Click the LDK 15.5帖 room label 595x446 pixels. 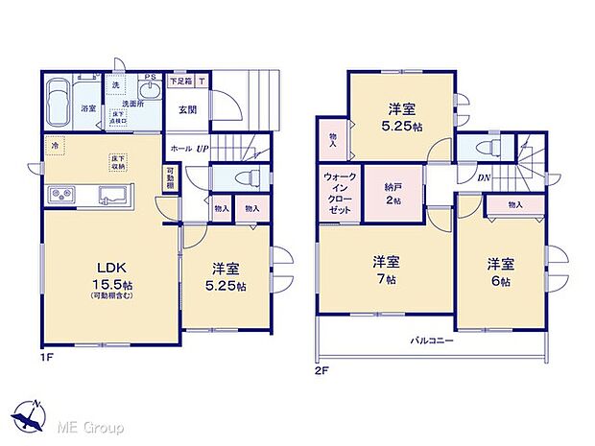pos(106,272)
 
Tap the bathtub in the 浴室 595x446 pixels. pos(60,99)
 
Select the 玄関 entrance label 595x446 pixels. pos(187,109)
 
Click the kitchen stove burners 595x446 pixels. pos(59,196)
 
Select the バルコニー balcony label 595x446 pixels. pos(433,340)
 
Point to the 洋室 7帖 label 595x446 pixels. pos(386,270)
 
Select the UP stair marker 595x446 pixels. pos(203,149)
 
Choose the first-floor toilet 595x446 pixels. pos(235,178)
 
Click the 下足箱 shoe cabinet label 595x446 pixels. pos(179,82)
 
